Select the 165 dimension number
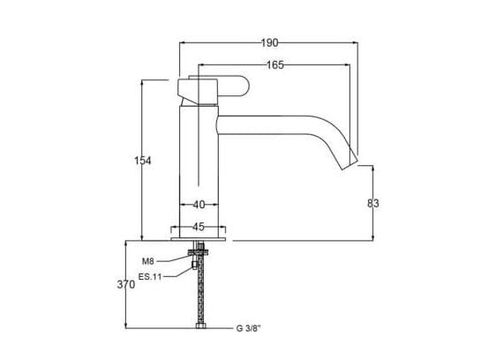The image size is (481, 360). [x=276, y=64]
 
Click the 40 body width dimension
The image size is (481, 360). [x=199, y=205]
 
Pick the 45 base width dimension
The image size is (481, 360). [x=199, y=225]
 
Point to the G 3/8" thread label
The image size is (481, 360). [x=250, y=328]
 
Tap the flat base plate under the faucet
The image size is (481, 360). [x=199, y=237]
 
